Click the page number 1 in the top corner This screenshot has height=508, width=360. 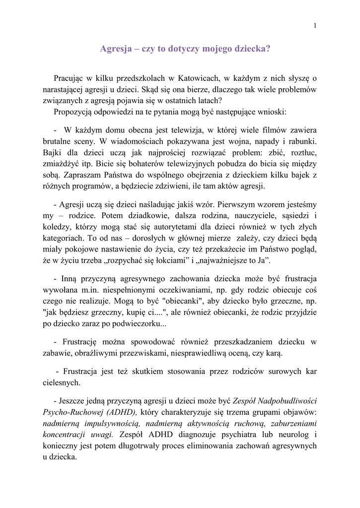pyautogui.click(x=315, y=26)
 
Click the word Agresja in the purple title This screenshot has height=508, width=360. pyautogui.click(x=116, y=49)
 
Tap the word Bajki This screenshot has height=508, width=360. pyautogui.click(x=52, y=152)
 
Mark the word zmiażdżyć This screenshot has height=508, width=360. pyautogui.click(x=62, y=163)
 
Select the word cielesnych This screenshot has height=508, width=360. pyautogui.click(x=61, y=382)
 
